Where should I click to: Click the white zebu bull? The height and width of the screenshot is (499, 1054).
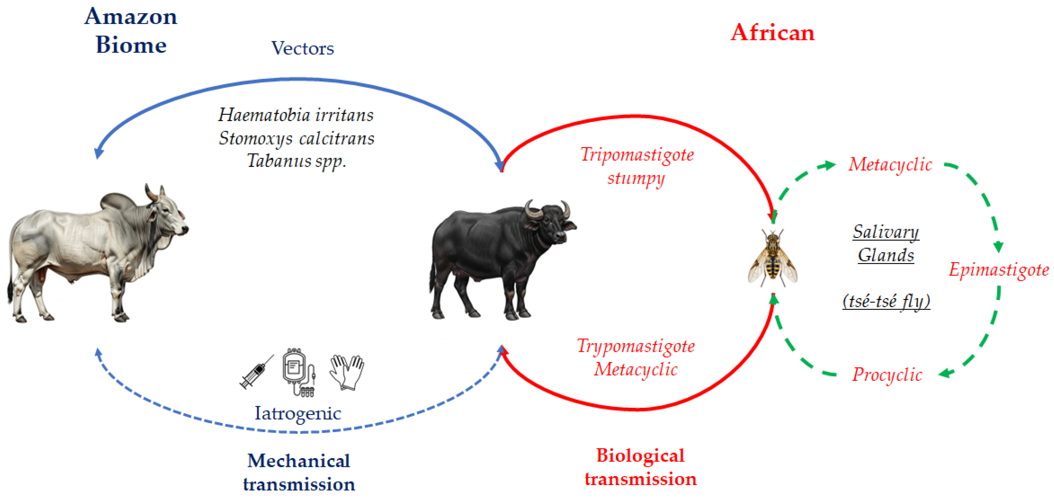coord(98,254)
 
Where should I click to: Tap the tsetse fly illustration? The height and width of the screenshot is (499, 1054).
coord(773,258)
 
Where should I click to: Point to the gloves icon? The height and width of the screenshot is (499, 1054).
coord(347,372)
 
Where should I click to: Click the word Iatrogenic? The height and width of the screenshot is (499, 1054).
coord(298,414)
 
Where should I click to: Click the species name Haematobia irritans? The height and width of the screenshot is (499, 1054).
coord(296,115)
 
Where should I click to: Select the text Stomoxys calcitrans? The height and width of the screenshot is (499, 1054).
coord(297,138)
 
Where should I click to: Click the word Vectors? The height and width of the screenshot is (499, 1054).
coord(303,48)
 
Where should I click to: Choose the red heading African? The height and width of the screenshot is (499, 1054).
coord(773,32)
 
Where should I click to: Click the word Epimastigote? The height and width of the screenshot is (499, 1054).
coord(999,270)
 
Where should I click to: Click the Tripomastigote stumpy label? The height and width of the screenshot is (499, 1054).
coord(637,166)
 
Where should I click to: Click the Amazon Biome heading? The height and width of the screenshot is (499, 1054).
coord(131,31)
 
